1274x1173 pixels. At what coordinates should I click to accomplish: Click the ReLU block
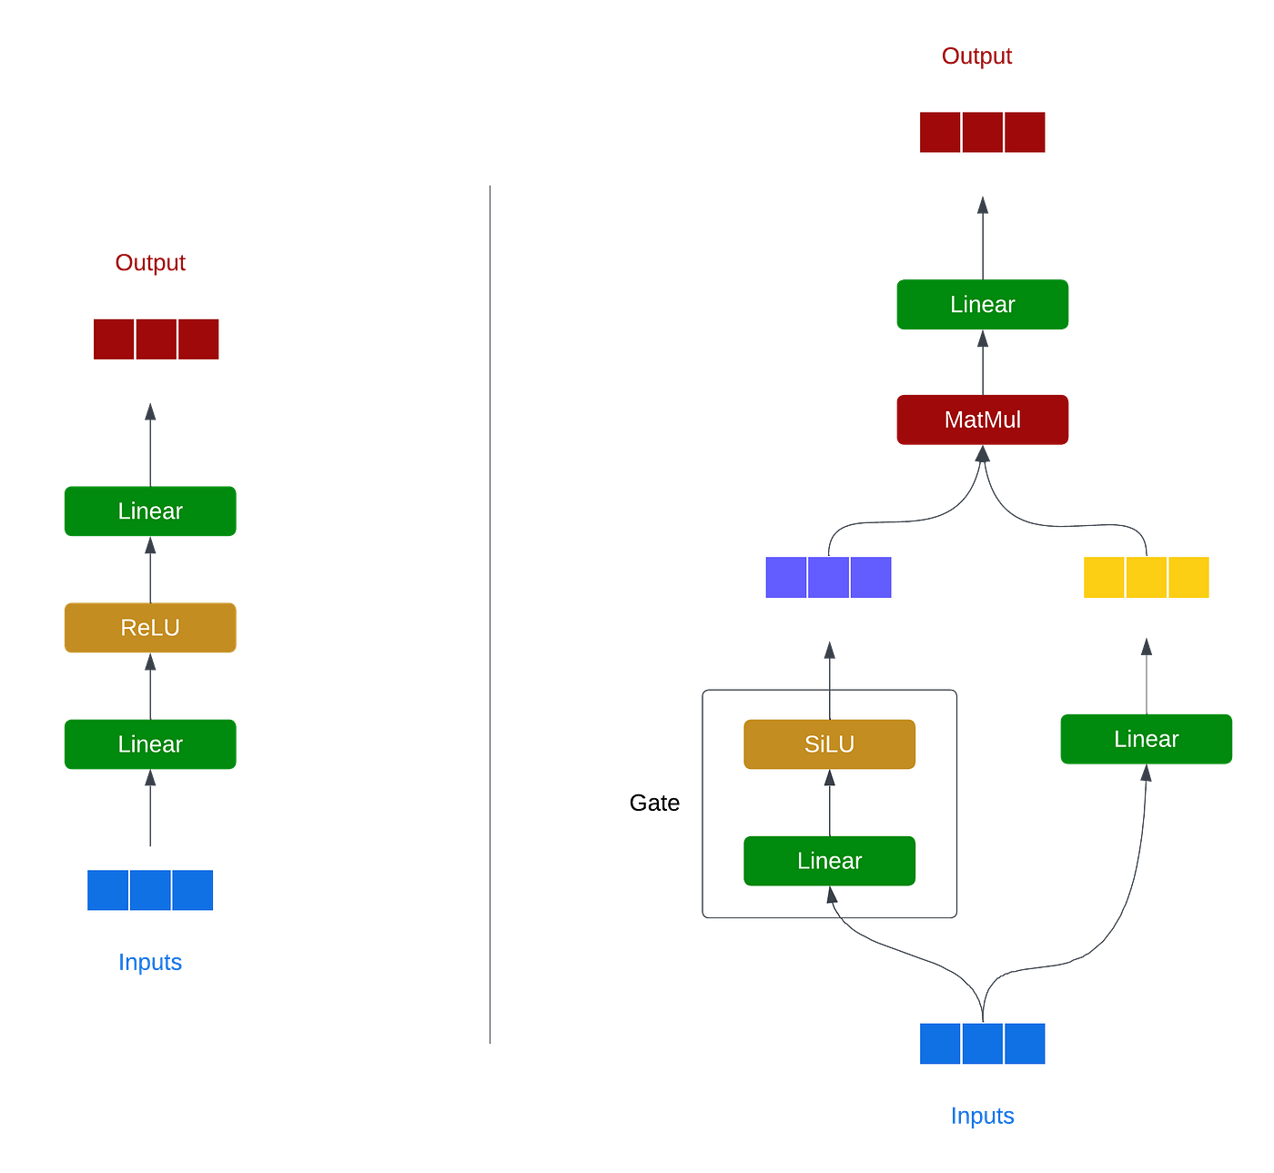pos(150,628)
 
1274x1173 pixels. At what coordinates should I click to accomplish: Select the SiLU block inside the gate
pos(829,744)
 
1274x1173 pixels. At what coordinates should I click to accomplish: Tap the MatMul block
pos(983,420)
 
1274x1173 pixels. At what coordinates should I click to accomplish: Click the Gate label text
pos(654,803)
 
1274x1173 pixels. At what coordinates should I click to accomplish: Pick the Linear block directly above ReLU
pos(150,511)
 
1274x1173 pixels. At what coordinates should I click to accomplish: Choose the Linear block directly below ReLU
pos(150,744)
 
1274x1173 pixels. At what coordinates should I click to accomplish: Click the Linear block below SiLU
pos(829,861)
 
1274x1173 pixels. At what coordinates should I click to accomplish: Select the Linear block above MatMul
pos(983,304)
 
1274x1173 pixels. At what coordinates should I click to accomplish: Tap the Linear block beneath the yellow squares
pos(1147,739)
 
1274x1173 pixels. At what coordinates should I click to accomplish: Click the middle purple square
pos(828,577)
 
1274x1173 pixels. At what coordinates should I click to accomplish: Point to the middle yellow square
pos(1147,577)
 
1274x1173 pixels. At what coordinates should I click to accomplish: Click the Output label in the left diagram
pos(150,263)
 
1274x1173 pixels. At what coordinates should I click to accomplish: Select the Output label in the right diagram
pos(976,56)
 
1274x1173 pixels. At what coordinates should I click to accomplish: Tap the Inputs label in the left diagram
pos(150,962)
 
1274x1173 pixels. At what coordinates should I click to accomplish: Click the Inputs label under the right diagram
pos(983,1116)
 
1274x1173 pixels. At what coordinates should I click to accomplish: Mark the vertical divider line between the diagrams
pos(490,614)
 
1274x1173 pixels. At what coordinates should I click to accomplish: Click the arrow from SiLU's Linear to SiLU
pos(829,803)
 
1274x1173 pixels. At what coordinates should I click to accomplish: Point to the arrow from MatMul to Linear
pos(983,362)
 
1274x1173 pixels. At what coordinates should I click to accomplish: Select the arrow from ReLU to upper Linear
pos(150,569)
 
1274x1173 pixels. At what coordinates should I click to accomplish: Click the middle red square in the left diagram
pos(156,339)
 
